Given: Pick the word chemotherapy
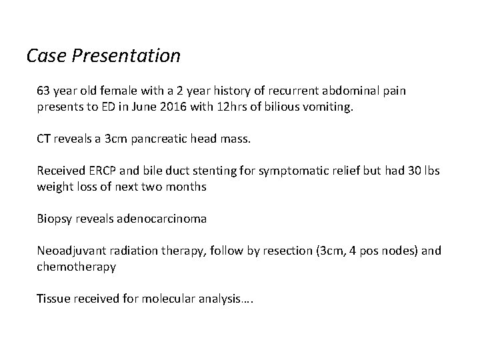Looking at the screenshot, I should (x=77, y=267).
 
